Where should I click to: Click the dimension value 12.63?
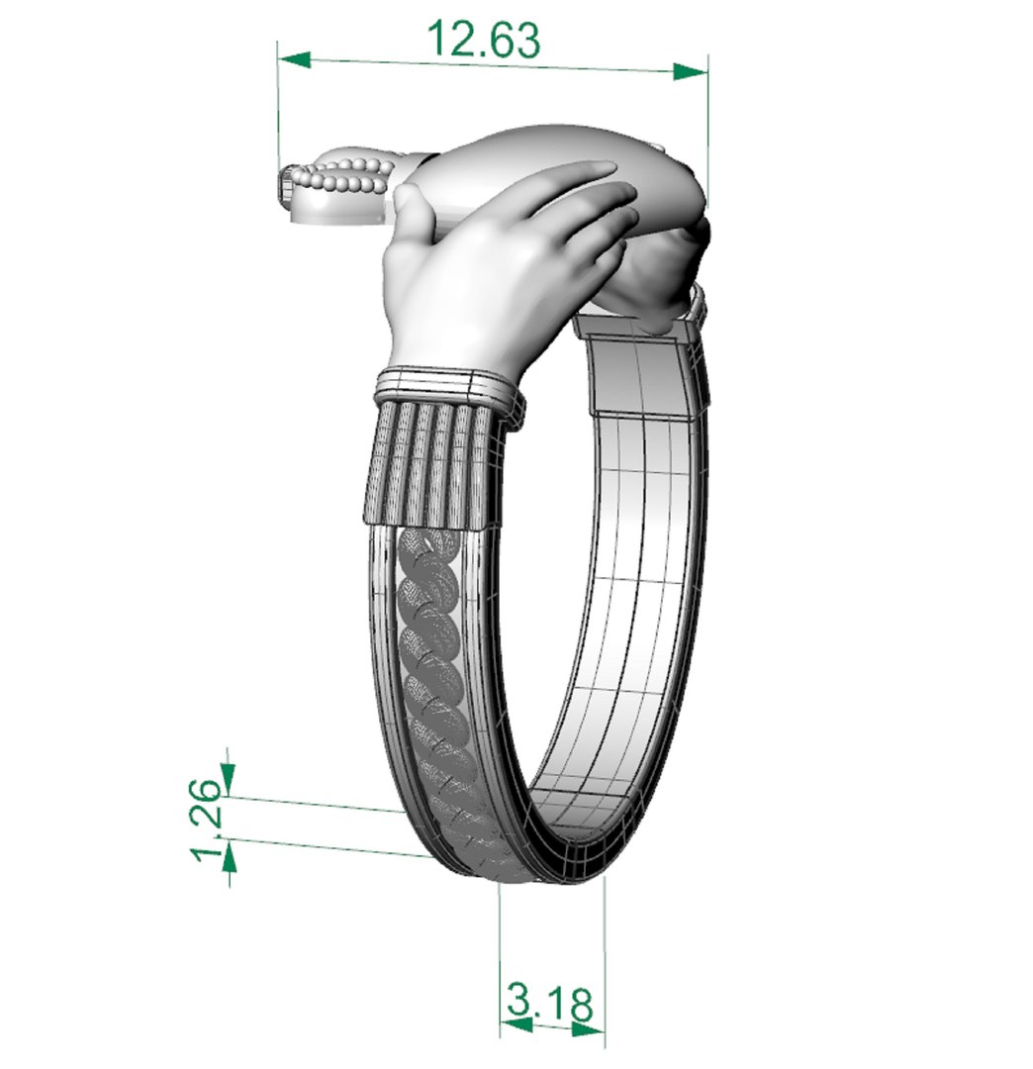(484, 41)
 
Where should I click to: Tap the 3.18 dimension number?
(549, 1003)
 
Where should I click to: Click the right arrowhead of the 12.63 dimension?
(691, 71)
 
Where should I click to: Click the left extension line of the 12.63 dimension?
(279, 109)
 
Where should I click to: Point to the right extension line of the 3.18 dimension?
(604, 950)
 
